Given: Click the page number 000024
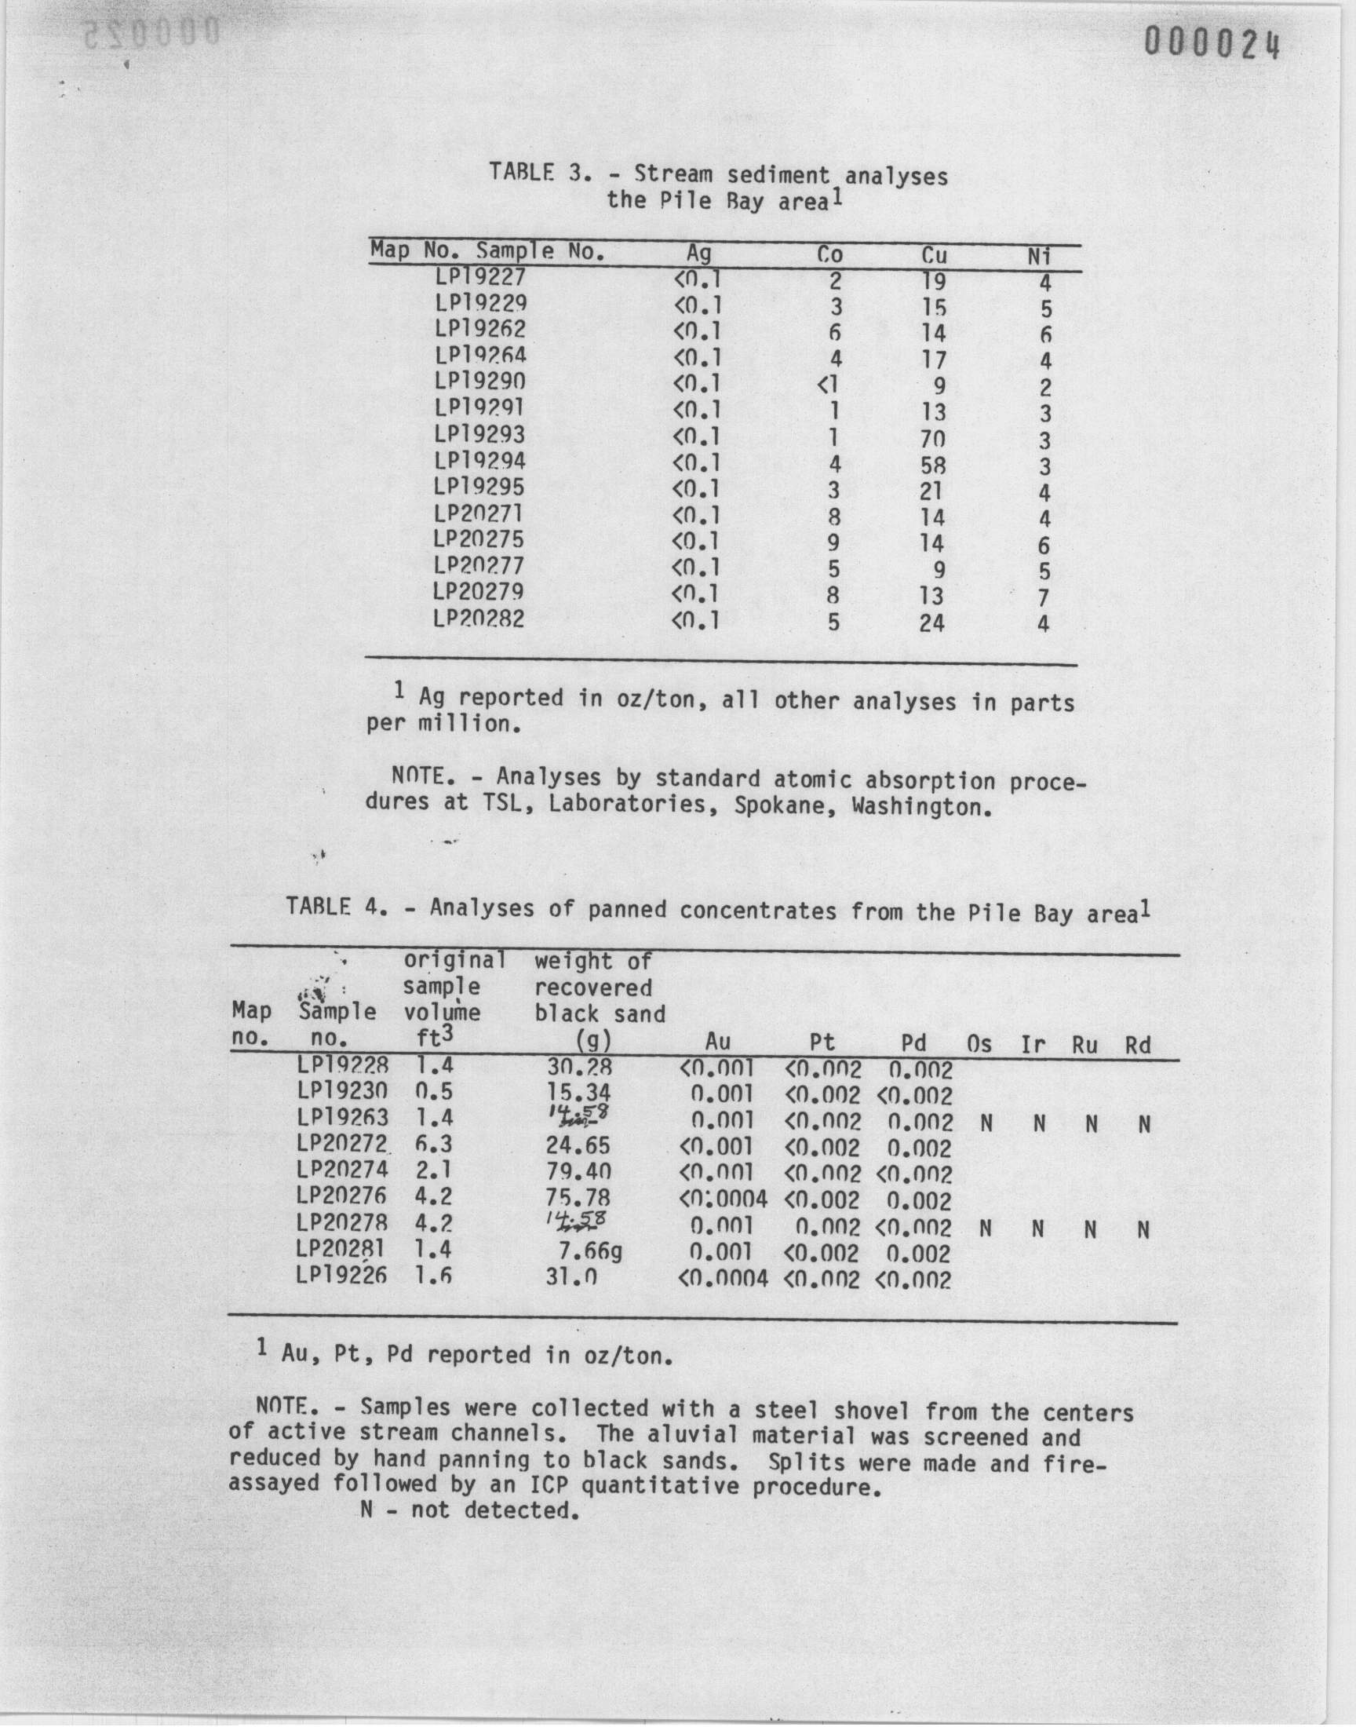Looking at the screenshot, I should (x=1212, y=46).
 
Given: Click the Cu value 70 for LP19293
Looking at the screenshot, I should (x=933, y=439).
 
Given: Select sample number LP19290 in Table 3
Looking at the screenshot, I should (x=479, y=382).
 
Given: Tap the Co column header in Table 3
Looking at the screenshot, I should (x=829, y=255).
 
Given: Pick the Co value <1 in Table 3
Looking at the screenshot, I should (x=827, y=387).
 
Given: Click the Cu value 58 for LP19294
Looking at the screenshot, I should (x=932, y=466).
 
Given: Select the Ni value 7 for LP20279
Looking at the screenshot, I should (x=1043, y=598).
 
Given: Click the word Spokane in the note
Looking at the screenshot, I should (x=779, y=807).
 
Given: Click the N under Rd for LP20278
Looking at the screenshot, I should (x=1143, y=1230).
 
